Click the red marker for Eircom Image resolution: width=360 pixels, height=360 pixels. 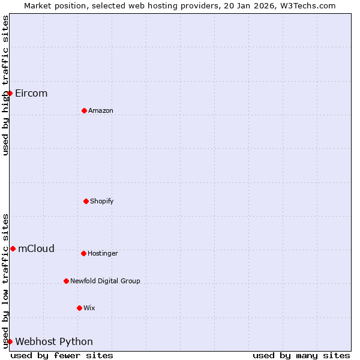pyautogui.click(x=10, y=93)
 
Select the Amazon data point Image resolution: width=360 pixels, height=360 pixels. pyautogui.click(x=84, y=110)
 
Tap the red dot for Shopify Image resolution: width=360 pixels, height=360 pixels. pyautogui.click(x=86, y=201)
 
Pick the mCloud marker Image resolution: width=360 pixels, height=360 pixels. pyautogui.click(x=13, y=248)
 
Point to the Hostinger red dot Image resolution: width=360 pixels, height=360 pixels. pyautogui.click(x=83, y=253)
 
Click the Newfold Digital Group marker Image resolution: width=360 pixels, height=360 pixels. pyautogui.click(x=66, y=281)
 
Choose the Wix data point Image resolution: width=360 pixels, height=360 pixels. pyautogui.click(x=79, y=308)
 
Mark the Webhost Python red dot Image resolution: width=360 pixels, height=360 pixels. pyautogui.click(x=10, y=341)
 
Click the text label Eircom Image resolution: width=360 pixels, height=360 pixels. pyautogui.click(x=31, y=93)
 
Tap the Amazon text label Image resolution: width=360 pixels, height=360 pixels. pyautogui.click(x=101, y=110)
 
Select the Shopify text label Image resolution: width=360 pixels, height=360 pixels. pyautogui.click(x=102, y=201)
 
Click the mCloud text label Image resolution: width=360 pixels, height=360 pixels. pyautogui.click(x=36, y=248)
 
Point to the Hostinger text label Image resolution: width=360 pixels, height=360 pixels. pyautogui.click(x=103, y=253)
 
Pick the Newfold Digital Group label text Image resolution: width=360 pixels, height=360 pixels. pyautogui.click(x=105, y=281)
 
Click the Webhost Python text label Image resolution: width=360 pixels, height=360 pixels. pyautogui.click(x=54, y=341)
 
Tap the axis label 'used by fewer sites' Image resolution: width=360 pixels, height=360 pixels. pyautogui.click(x=62, y=355)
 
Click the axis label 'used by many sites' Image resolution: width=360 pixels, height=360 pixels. pyautogui.click(x=301, y=355)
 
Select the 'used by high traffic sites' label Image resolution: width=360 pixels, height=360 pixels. pyautogui.click(x=5, y=85)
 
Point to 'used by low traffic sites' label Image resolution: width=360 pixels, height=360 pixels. pyautogui.click(x=5, y=281)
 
